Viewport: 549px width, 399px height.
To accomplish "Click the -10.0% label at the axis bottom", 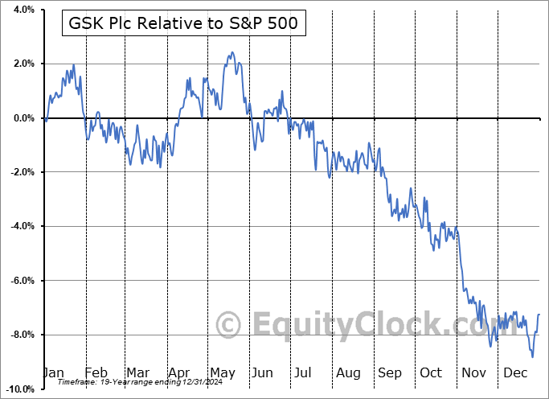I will coord(20,389).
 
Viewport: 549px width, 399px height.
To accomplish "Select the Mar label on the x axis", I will coord(137,373).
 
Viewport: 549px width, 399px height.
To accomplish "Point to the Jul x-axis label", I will coord(302,373).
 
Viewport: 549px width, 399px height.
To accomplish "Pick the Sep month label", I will coord(390,373).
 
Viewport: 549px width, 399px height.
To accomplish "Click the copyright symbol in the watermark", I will coord(229,324).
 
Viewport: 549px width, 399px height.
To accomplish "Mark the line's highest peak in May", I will coord(231,53).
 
